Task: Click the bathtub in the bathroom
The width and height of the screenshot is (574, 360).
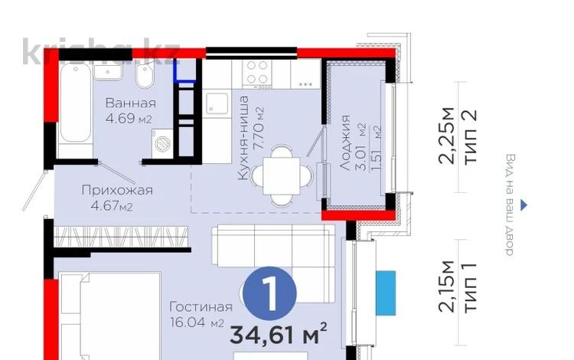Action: tap(75, 103)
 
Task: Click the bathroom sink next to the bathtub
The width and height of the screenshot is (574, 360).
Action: tap(109, 71)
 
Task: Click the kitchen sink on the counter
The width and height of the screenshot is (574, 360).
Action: tap(217, 103)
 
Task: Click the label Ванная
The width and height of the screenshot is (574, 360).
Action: tap(130, 103)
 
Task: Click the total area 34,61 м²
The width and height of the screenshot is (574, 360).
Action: tap(279, 334)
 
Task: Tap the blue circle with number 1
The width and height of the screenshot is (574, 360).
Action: tap(268, 293)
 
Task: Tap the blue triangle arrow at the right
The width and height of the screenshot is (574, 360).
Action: tap(523, 205)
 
